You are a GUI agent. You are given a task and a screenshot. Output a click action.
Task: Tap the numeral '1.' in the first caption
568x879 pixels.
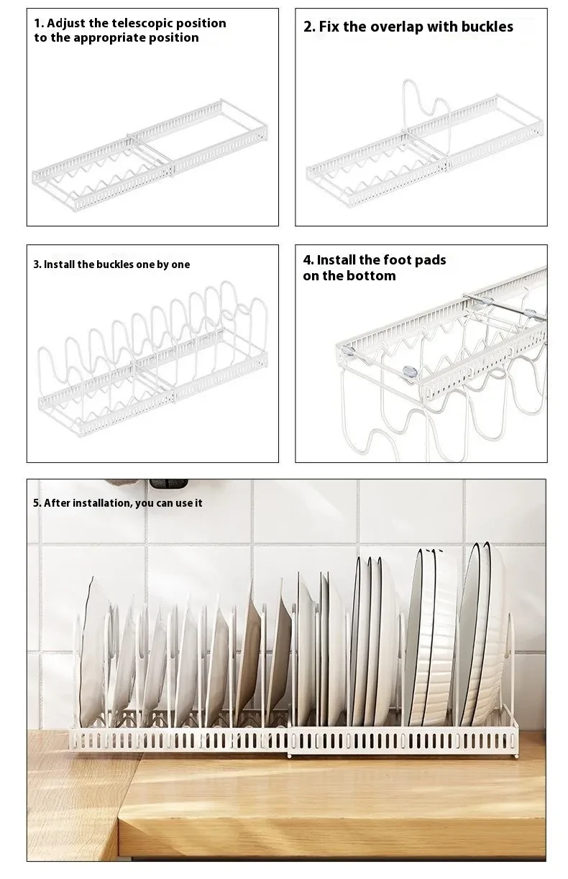point(39,23)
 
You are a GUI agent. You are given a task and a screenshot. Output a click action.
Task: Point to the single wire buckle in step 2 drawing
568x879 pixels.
point(424,108)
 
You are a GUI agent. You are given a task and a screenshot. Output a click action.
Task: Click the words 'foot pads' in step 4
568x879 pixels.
point(414,260)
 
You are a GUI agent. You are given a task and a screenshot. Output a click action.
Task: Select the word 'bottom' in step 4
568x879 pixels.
point(372,276)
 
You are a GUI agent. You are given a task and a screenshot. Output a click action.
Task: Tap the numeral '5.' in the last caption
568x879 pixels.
point(37,503)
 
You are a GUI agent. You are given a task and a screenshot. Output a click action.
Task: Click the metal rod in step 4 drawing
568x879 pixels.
point(503,308)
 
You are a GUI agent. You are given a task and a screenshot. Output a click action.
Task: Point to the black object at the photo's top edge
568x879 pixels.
point(168,484)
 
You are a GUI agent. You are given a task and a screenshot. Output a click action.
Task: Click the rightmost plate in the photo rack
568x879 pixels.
point(489,632)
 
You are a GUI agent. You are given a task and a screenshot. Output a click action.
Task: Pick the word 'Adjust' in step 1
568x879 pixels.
point(65,23)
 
